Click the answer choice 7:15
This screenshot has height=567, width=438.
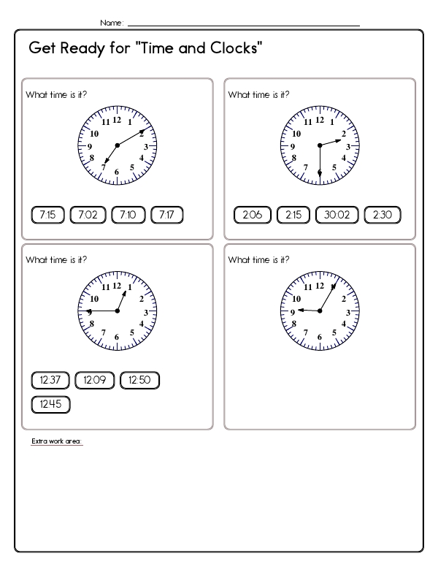click(x=48, y=215)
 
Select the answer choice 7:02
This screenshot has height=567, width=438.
click(x=88, y=215)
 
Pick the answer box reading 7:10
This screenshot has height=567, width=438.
click(x=128, y=215)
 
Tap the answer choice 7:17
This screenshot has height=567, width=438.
click(x=166, y=215)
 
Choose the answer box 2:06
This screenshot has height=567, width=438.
click(x=253, y=215)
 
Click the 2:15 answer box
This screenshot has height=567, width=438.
click(x=293, y=215)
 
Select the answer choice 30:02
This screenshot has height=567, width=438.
click(x=337, y=215)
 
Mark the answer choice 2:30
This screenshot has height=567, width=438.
click(x=383, y=215)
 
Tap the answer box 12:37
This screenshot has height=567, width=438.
click(x=50, y=380)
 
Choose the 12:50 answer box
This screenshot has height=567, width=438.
click(x=139, y=380)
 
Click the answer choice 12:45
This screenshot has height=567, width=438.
click(x=50, y=404)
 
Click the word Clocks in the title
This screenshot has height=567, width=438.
click(x=232, y=49)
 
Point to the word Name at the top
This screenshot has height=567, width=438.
click(x=112, y=23)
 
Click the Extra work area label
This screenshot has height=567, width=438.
click(x=57, y=441)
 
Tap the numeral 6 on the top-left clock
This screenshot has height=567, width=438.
click(x=117, y=172)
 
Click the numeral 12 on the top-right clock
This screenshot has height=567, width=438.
click(x=319, y=120)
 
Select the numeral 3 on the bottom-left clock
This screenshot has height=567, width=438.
click(x=146, y=312)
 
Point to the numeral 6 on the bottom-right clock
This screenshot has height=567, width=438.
click(x=319, y=338)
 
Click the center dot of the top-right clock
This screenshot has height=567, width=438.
click(x=319, y=146)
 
